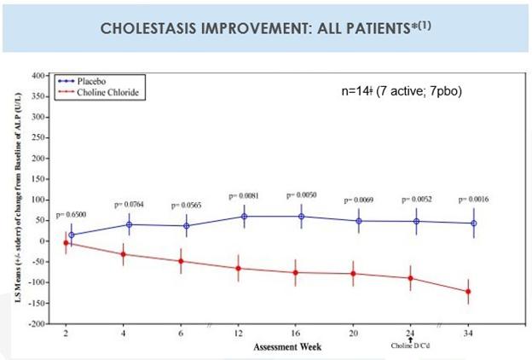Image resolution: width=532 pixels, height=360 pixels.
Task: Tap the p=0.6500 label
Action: (72, 214)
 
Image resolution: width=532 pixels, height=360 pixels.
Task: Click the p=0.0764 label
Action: (129, 205)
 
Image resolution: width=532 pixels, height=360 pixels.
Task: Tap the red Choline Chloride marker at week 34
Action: (468, 292)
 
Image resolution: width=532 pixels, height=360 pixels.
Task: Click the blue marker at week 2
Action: (72, 235)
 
